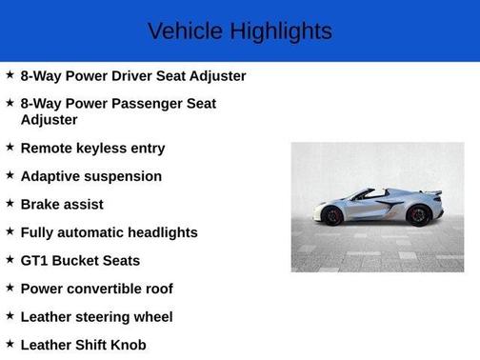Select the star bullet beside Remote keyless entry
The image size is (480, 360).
[x=10, y=147]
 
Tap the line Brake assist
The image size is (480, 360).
[x=62, y=204]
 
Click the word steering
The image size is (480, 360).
[x=106, y=316]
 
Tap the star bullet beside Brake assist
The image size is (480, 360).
[x=10, y=203]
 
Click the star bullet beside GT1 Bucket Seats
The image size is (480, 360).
[x=10, y=259]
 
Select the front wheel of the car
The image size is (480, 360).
[x=332, y=216]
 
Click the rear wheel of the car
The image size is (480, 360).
[x=418, y=215]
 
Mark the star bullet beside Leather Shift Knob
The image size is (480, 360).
[x=10, y=344]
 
